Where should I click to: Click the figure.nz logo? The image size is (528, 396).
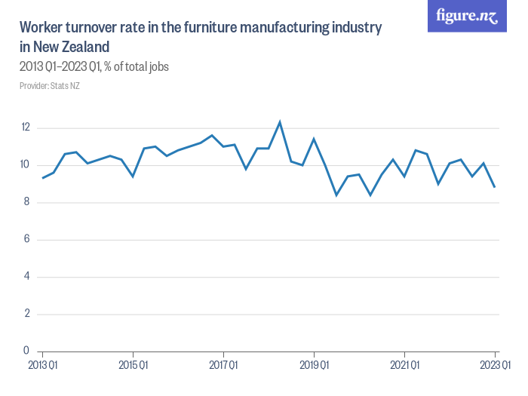coord(467,16)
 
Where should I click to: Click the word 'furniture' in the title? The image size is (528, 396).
coord(210,27)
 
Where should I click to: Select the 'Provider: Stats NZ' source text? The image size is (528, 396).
coord(50,86)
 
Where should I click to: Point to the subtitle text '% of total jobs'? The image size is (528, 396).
coord(137,66)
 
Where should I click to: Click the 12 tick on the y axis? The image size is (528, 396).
coord(26,127)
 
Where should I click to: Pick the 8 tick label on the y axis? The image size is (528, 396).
coord(26,201)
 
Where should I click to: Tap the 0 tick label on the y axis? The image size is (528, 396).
coord(26,351)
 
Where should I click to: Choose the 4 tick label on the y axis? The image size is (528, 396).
coord(26,276)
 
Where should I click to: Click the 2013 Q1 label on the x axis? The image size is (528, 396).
coord(43,365)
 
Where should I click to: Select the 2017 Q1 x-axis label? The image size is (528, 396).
coord(223,365)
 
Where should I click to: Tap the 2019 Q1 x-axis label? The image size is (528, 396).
coord(315,365)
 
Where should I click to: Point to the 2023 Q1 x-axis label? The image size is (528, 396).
coord(495,365)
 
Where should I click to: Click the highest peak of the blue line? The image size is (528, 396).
coord(280,122)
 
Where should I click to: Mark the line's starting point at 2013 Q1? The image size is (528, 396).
coord(43,178)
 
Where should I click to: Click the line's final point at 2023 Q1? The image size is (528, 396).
coord(495,187)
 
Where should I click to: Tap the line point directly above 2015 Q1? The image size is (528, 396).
coord(133,176)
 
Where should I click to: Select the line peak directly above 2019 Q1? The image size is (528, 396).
coord(314,139)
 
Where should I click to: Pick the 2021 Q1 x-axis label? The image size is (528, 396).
coord(405,365)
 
